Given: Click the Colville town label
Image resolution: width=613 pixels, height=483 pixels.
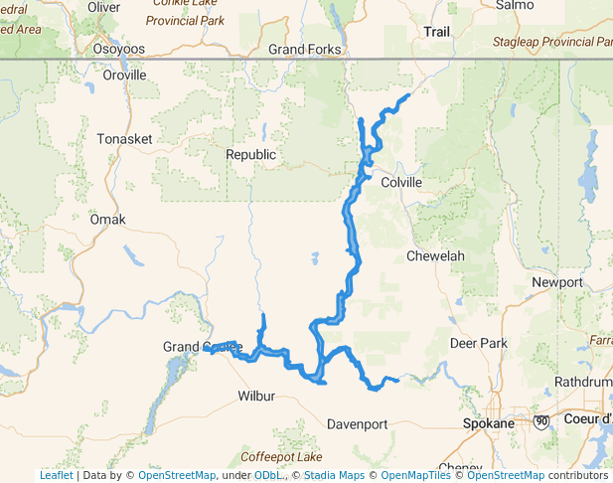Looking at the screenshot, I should pos(402,183).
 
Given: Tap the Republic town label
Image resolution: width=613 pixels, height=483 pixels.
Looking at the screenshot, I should pos(250,155).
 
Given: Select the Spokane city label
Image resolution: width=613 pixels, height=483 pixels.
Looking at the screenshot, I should pos(489,423).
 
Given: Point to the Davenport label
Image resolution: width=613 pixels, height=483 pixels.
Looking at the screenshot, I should pos(358,424).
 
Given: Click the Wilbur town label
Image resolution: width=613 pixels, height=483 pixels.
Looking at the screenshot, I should pos(255,396).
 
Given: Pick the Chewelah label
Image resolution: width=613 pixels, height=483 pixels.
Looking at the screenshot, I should pos(435,256).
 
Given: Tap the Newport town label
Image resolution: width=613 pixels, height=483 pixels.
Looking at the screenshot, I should pos(557,282).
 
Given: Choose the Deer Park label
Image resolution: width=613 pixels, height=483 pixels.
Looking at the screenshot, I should pos(479,344).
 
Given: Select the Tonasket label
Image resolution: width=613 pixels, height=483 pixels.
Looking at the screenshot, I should pos(125,139).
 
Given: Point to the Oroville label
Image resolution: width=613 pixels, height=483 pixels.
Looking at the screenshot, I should pos(124,75).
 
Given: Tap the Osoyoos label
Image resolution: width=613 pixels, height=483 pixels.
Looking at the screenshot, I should pos(118,48).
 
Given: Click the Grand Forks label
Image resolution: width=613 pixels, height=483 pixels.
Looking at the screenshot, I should pos(305,49).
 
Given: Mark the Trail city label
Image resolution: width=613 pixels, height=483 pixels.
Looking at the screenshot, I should pos(437,32).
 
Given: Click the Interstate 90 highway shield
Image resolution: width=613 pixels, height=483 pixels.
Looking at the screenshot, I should pos(540,422).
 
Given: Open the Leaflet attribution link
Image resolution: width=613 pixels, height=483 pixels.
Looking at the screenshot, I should pos(56,475).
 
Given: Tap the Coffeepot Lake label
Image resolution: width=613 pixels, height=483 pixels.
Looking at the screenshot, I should pos(281,457).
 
